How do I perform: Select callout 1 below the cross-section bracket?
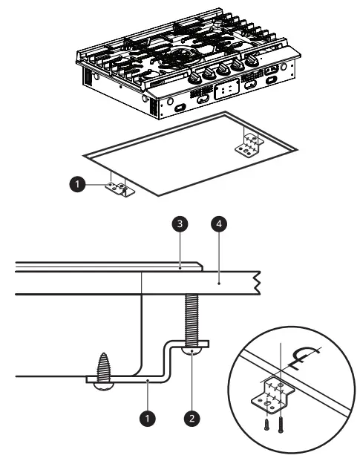[x=149, y=418]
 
